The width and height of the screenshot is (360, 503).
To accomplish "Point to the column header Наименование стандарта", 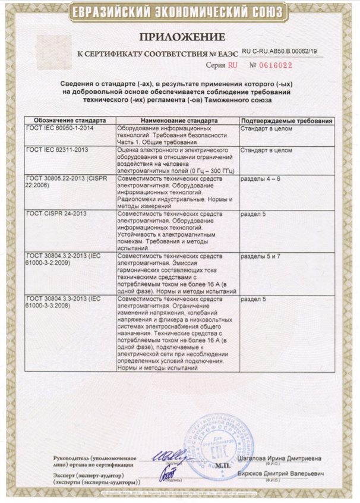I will pos(176,121).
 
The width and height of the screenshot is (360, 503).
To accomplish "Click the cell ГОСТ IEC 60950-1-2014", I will pos(60,128).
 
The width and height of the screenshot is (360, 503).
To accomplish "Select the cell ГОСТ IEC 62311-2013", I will pos(57,150).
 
